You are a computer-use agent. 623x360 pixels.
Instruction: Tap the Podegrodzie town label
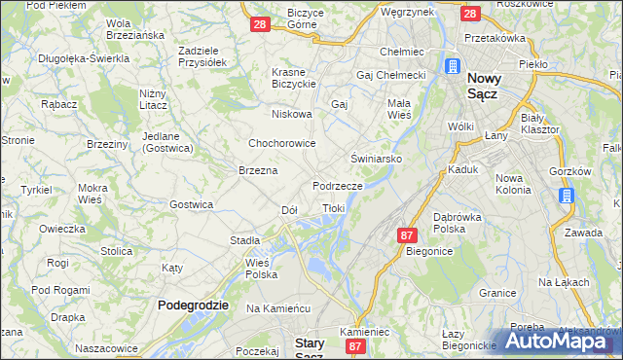(x=193, y=305)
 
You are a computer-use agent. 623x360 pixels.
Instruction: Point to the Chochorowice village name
(x=281, y=143)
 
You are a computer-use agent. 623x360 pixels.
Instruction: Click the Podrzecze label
(x=338, y=185)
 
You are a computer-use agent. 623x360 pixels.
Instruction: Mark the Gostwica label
(x=191, y=204)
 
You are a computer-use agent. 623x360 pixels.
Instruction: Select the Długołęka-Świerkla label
(x=84, y=58)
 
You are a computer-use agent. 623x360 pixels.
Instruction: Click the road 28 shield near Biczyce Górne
(x=259, y=24)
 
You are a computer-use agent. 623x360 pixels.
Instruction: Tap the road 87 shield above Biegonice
(x=408, y=234)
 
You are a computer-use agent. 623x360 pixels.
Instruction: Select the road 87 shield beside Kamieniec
(x=356, y=346)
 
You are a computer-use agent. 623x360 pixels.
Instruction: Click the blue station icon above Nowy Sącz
(x=454, y=67)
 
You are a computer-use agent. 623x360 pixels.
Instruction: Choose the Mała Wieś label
(x=399, y=108)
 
